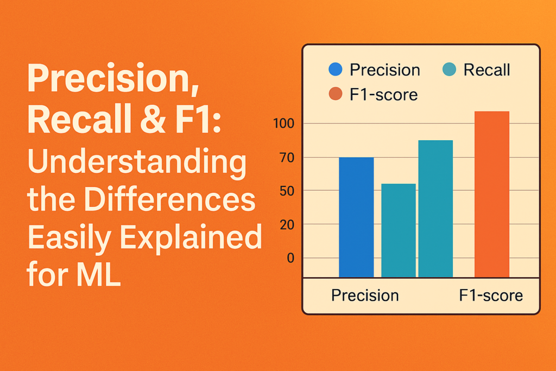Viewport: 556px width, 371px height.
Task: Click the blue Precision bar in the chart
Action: click(356, 217)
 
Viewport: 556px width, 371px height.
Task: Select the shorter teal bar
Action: click(398, 231)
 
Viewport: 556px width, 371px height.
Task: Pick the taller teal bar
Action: click(435, 209)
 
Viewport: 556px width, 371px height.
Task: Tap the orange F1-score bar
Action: click(491, 194)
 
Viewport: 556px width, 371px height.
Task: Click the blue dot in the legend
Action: click(336, 70)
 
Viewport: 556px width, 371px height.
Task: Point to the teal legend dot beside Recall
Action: click(450, 70)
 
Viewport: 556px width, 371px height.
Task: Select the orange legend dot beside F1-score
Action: click(336, 94)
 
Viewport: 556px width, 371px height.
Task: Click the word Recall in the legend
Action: click(486, 70)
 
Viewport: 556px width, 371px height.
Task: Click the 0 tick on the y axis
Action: click(290, 258)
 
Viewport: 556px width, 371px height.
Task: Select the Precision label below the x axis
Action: click(365, 295)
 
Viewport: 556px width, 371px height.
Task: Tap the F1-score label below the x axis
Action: click(491, 295)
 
